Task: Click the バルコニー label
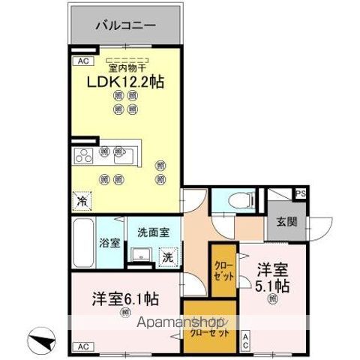(x=125, y=25)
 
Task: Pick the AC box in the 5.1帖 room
(x=245, y=341)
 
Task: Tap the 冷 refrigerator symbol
(x=81, y=201)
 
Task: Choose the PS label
(x=300, y=193)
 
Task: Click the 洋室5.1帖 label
(x=274, y=276)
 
